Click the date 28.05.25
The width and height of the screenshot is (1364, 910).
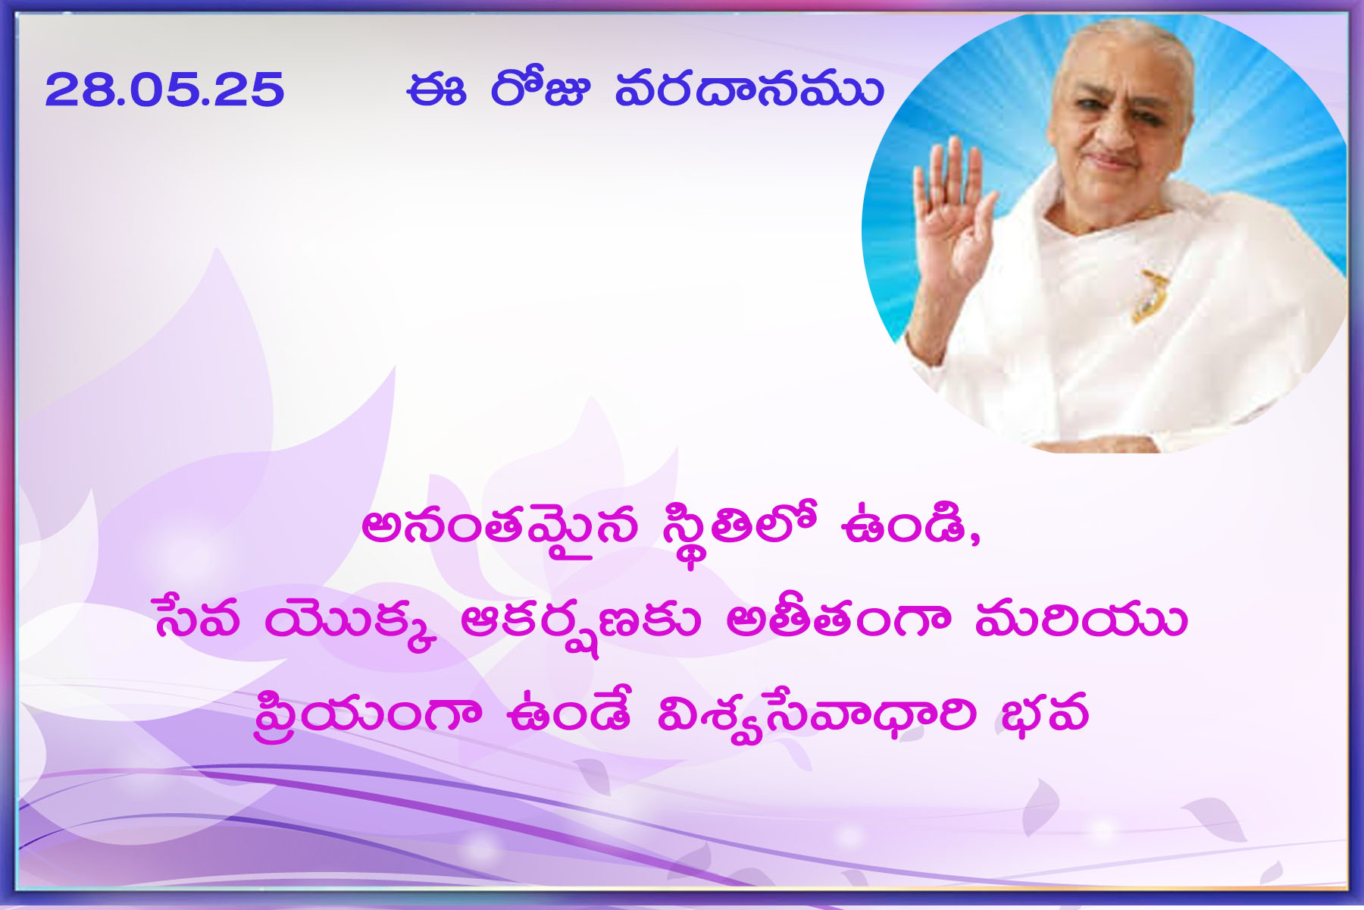164,90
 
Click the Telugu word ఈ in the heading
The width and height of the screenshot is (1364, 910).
436,89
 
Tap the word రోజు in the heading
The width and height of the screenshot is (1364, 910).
540,89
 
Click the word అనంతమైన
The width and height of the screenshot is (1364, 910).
500,529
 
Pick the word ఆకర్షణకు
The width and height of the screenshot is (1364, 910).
580,623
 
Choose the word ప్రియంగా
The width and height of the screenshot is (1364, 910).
368,714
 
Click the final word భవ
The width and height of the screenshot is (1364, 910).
1044,713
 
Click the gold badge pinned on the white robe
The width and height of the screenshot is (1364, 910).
1147,295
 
